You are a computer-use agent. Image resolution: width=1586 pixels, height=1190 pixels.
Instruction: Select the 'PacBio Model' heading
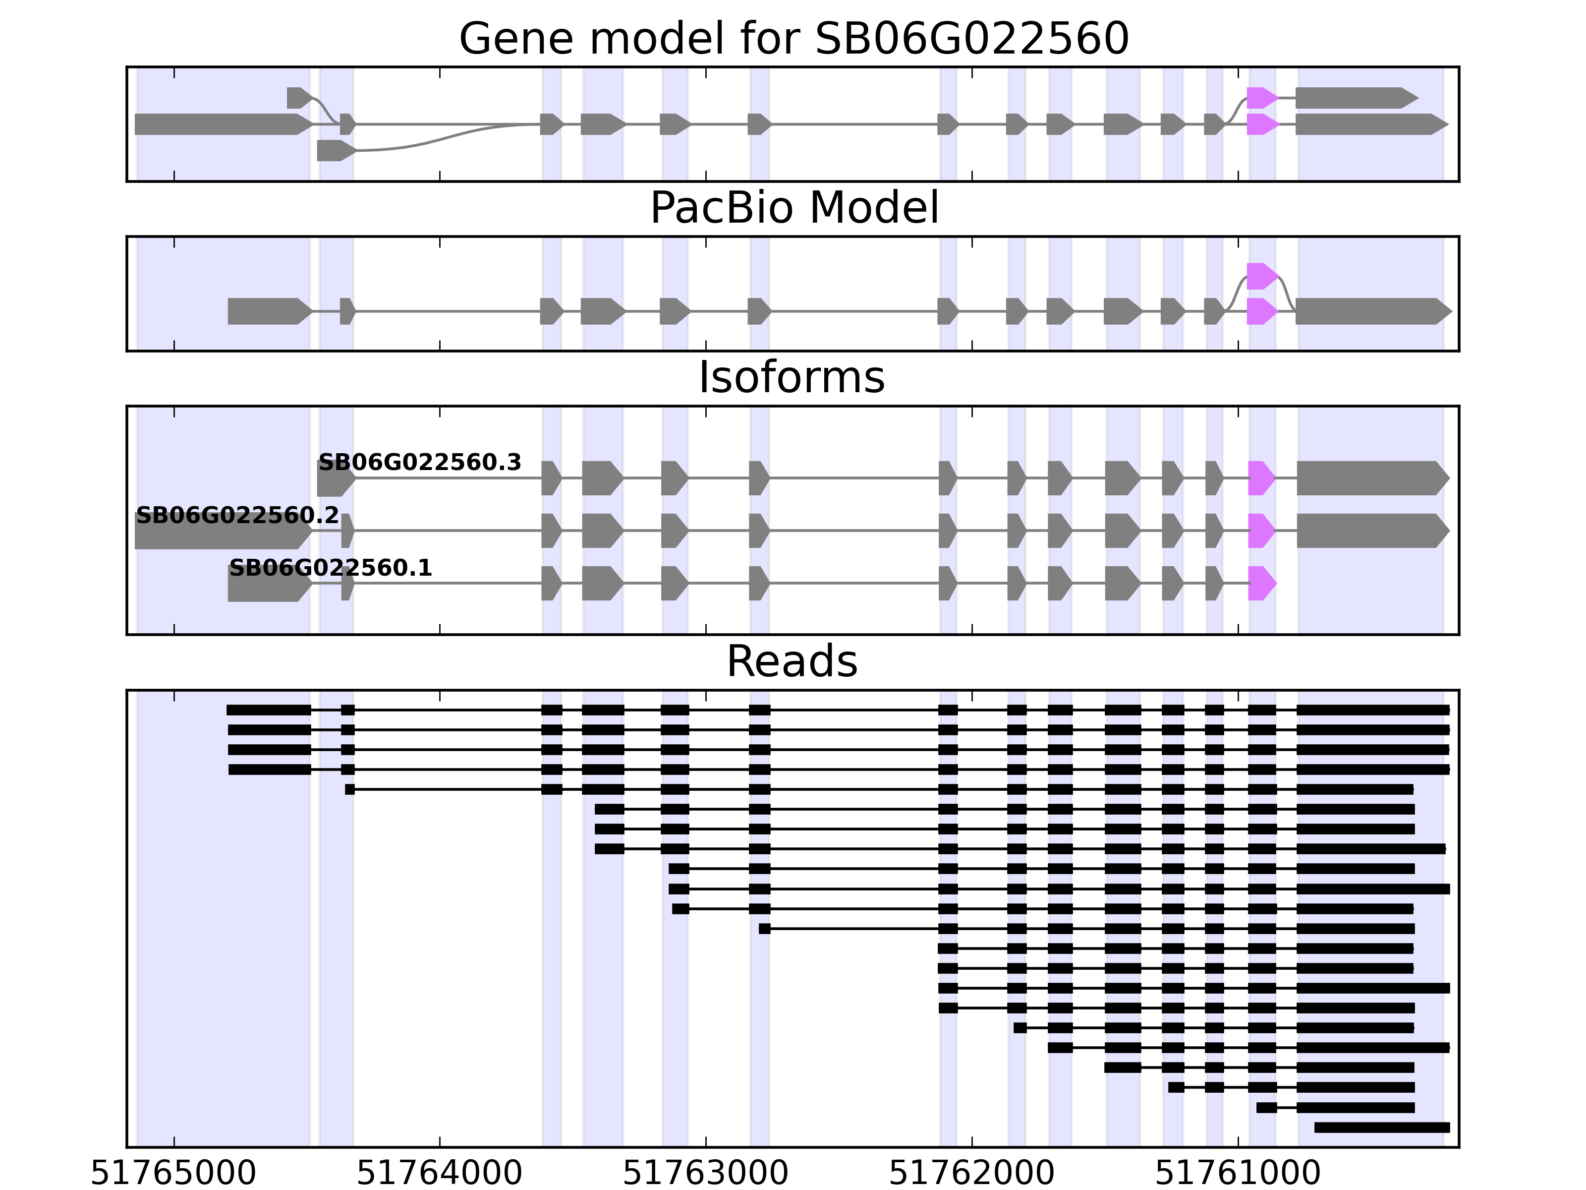793,208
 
